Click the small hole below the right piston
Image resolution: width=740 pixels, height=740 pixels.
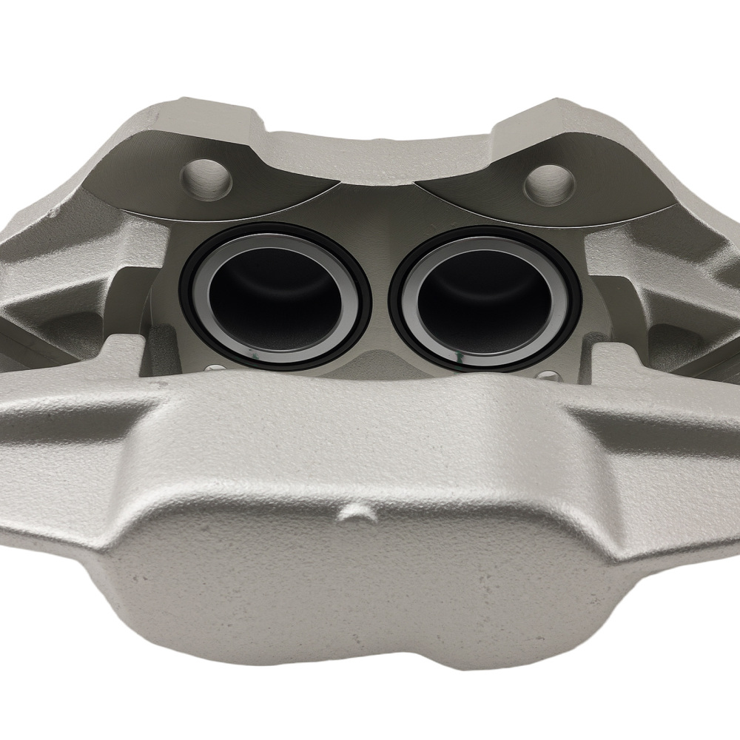[547, 373]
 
